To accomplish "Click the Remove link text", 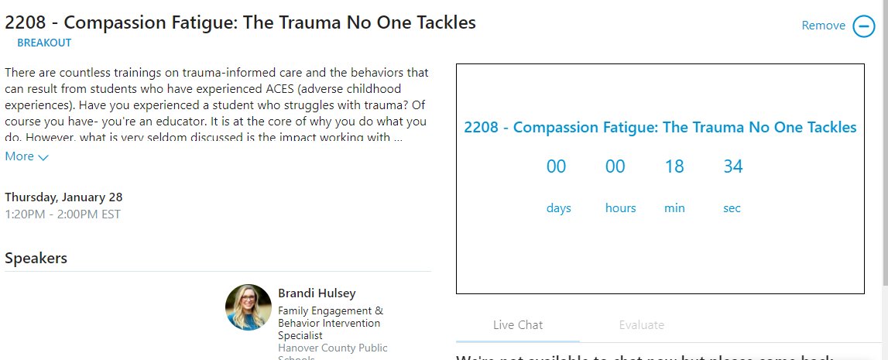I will pos(823,26).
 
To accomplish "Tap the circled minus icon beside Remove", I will pos(864,26).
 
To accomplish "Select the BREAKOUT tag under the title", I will pos(44,43).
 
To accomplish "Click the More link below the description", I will pos(19,156).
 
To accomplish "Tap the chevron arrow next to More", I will pos(43,157).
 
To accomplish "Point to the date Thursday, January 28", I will pos(63,197).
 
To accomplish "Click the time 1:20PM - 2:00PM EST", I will pos(63,214).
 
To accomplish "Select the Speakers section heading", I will pos(36,258).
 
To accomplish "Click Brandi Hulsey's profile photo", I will pos(249,307).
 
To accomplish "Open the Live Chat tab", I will pos(518,325).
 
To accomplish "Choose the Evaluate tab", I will pos(642,325).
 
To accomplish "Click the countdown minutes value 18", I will pos(674,166).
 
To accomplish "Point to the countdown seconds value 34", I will pos(733,166).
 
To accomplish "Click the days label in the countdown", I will pos(558,208).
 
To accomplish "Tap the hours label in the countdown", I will pos(620,208).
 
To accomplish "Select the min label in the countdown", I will pos(674,208).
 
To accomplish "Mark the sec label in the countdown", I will pos(732,208).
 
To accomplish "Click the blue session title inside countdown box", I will pos(660,128).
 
